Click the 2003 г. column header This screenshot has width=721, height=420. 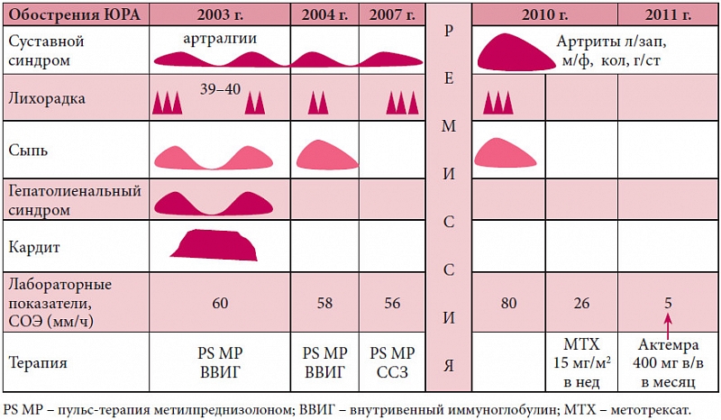pos(220,15)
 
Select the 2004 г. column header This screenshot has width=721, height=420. pos(325,15)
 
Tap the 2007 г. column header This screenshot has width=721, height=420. pos(392,15)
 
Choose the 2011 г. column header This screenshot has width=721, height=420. pos(668,15)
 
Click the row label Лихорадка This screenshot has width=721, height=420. pos(46,99)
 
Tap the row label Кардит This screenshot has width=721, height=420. pos(34,246)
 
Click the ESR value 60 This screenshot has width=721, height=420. pos(220,303)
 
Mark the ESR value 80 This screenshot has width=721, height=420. pos(508,303)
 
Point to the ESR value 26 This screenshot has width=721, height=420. pos(581,303)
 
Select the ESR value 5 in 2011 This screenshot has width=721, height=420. pos(668,303)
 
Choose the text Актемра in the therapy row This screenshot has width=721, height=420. pos(668,346)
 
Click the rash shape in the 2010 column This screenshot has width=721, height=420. pos(509,151)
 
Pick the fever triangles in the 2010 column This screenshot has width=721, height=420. pos(498,103)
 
